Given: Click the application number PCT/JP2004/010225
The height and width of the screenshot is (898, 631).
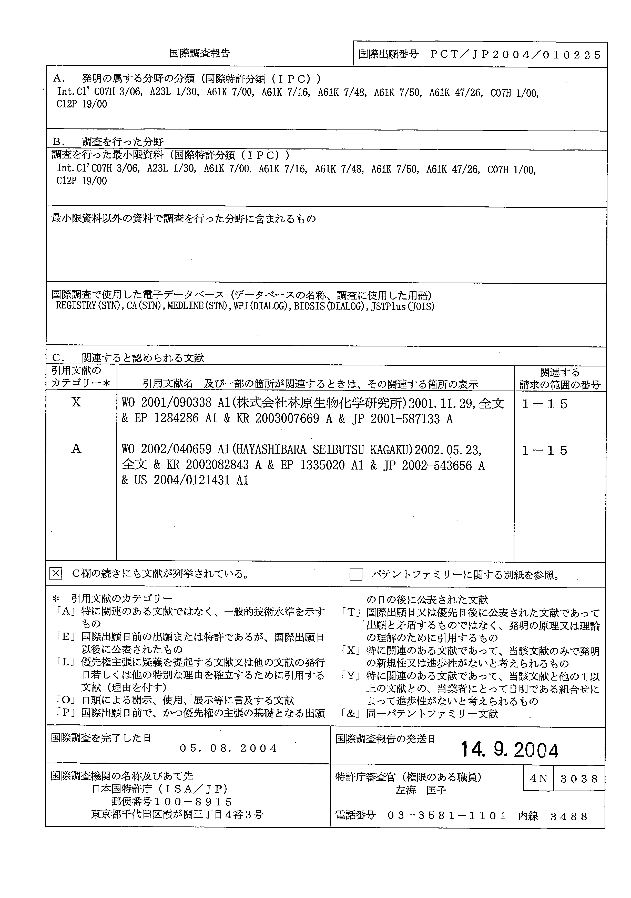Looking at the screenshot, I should pos(515,55).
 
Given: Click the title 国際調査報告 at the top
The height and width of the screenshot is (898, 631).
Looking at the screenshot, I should pos(199,53).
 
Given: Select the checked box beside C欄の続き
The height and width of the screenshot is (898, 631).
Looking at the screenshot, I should pos(56,574).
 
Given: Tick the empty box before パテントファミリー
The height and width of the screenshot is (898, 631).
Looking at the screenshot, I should pos(355,574).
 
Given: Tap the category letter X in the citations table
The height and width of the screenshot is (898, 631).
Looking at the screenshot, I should pos(76,402).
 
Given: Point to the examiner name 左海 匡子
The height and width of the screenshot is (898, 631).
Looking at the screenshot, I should pos(421,791).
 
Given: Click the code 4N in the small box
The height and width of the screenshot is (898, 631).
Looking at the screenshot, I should pos(538,779).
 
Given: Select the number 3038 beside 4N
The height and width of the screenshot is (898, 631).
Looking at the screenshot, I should pos(579,779).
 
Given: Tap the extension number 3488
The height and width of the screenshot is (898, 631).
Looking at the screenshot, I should pos(569,816).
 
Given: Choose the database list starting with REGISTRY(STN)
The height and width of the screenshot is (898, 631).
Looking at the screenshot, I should pos(245,306).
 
